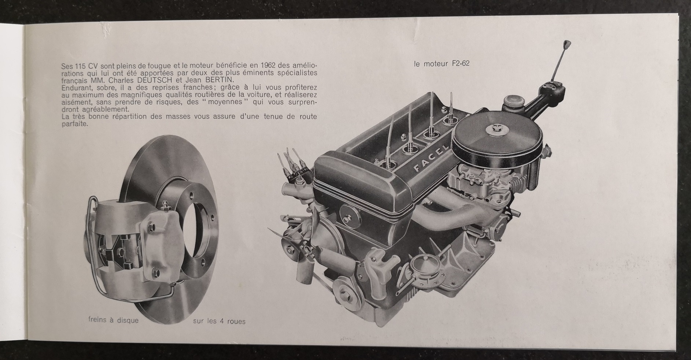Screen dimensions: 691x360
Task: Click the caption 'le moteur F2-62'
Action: coord(442,64)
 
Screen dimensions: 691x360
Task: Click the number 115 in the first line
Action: coord(78,66)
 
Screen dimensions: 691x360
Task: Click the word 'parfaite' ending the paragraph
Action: coord(75,124)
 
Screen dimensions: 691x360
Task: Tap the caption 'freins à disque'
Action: coord(114,320)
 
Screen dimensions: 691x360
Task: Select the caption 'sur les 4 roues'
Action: coord(219,322)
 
